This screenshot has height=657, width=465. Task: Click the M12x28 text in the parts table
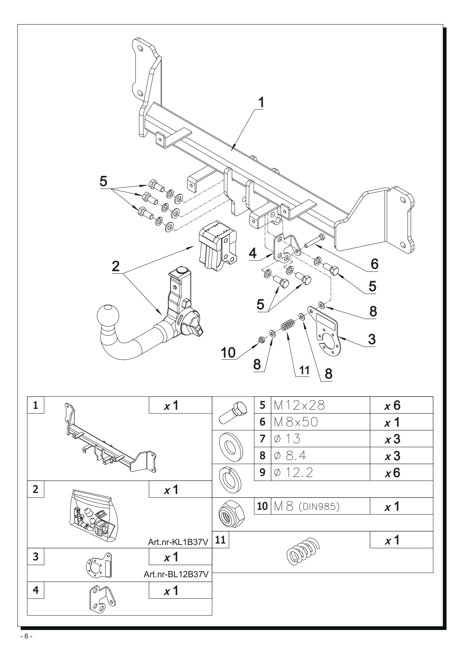tap(299, 405)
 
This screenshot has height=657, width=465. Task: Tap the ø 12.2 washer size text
tap(293, 473)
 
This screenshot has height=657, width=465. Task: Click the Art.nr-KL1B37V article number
tap(178, 542)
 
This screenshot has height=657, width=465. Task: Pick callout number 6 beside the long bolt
tap(374, 264)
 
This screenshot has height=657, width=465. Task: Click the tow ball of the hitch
tap(108, 316)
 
